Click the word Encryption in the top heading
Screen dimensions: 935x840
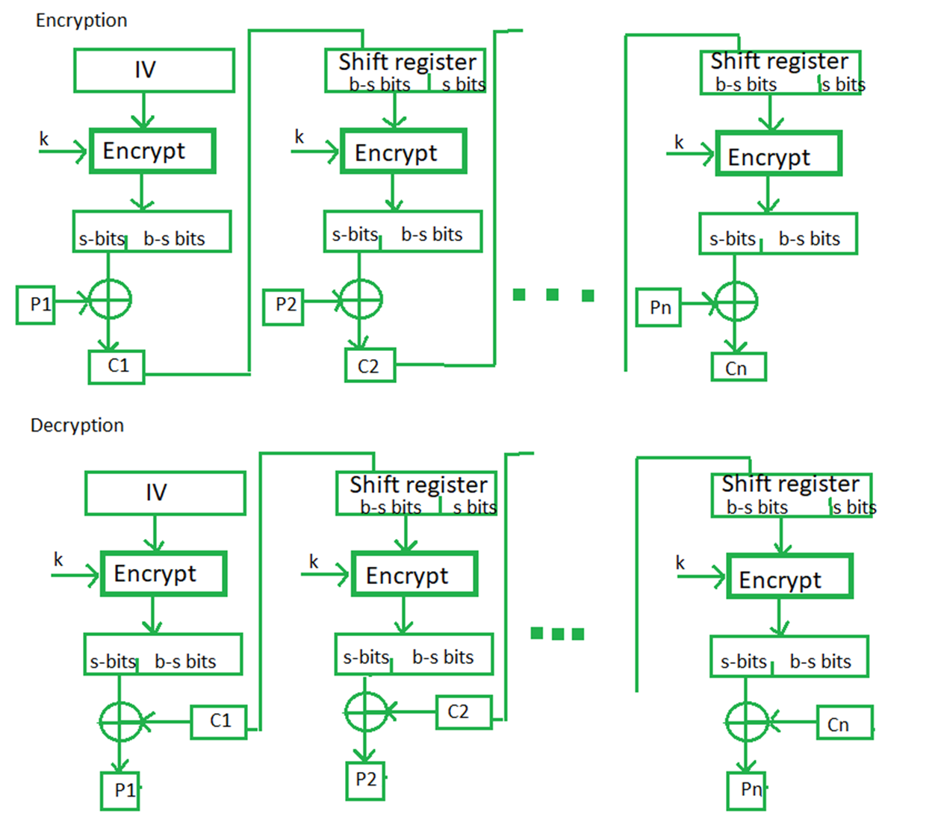click(81, 21)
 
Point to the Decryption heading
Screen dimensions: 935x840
click(77, 425)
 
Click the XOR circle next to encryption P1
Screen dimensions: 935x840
click(89, 299)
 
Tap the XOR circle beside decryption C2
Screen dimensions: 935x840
click(345, 712)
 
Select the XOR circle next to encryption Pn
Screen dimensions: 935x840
click(715, 301)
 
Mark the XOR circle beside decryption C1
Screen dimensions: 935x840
click(100, 722)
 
